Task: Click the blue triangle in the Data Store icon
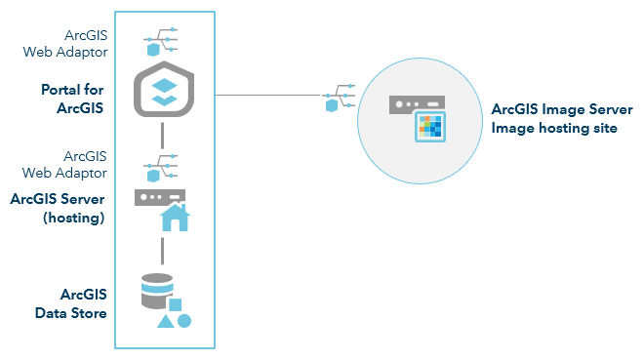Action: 166,320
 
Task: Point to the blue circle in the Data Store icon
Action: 183,320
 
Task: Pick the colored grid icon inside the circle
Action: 429,127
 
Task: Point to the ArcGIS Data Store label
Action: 83,302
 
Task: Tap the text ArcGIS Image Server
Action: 562,109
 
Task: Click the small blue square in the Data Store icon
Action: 176,303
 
